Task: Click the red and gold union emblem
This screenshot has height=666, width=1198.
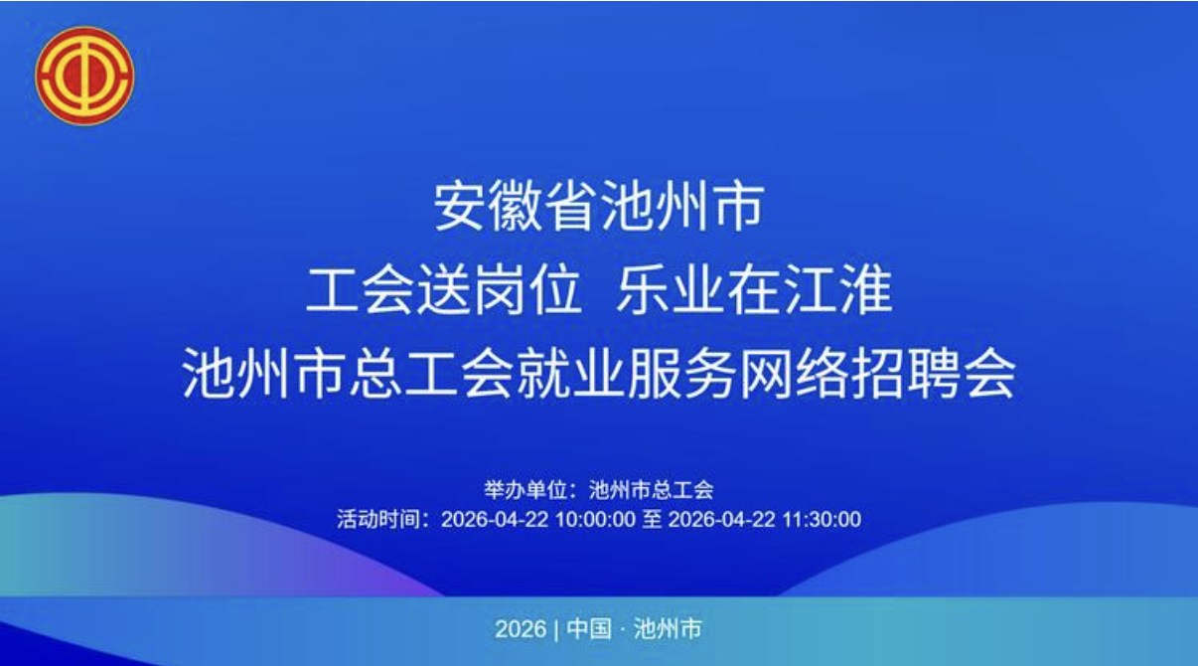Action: tap(84, 76)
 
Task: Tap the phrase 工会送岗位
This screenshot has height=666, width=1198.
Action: tap(443, 292)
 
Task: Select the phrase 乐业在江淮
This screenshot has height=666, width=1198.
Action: tap(754, 292)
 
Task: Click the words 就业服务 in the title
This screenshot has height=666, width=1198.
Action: tap(626, 376)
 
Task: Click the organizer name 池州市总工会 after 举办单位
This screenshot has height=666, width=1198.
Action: tap(652, 490)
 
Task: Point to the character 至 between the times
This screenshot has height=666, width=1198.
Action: tap(651, 518)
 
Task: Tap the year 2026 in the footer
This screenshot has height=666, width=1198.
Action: tap(521, 629)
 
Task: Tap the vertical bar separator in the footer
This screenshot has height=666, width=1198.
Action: tap(557, 629)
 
